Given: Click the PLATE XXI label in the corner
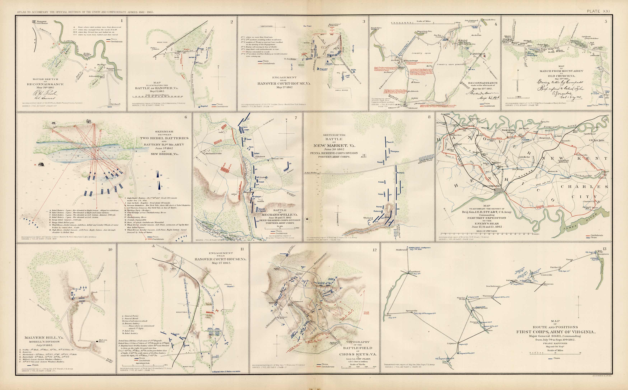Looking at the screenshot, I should click(x=598, y=11).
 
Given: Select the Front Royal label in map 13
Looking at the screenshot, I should click(x=413, y=272).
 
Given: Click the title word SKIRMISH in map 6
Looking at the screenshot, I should click(x=164, y=132).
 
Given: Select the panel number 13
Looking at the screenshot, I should click(x=604, y=249).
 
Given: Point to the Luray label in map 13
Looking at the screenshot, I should click(x=388, y=315).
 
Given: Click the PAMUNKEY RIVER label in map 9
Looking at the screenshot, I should click(x=560, y=126).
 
